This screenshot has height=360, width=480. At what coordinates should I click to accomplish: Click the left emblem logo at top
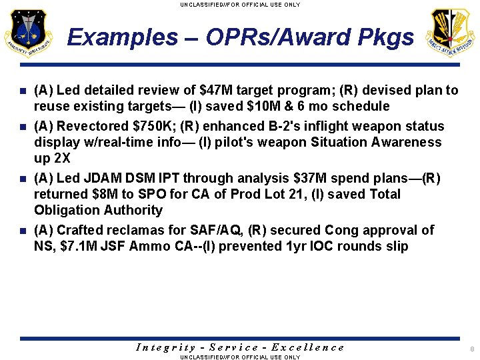(x=27, y=32)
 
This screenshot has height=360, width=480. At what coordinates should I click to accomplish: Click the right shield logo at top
(x=451, y=32)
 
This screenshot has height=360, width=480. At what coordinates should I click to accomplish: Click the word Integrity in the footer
(x=165, y=347)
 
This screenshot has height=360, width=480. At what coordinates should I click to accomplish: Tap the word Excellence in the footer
(x=309, y=347)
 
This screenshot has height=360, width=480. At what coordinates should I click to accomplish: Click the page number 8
(x=471, y=349)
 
